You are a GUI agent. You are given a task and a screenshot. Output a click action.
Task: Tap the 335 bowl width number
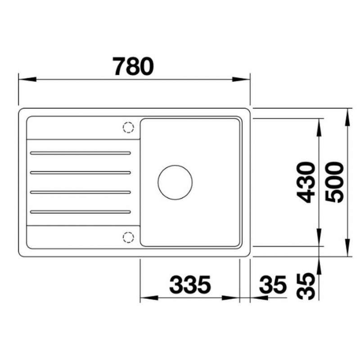point(190,285)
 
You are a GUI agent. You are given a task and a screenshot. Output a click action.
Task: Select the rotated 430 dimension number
point(306,183)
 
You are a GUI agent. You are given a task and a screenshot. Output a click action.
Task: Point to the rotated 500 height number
point(335,183)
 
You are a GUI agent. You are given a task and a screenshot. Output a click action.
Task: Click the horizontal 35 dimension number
point(273,285)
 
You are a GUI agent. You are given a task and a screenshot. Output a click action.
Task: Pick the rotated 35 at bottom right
point(306,286)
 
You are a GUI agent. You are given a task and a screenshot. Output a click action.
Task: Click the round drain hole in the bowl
point(175,182)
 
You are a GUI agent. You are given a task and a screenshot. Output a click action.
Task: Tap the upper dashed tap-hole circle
point(128,127)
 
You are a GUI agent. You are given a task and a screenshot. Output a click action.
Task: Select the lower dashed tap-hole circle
point(128,237)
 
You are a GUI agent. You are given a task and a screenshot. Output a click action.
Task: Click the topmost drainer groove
point(81,153)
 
